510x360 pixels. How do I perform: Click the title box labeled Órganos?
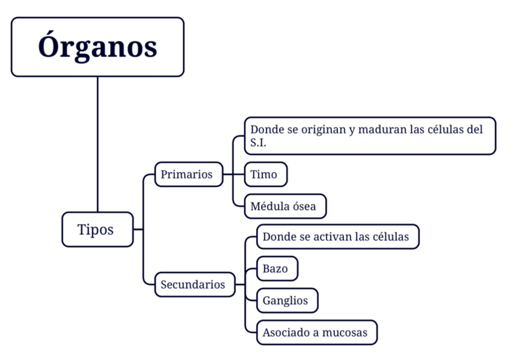[97, 47]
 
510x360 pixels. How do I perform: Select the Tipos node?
[97, 229]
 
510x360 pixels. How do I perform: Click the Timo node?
[265, 174]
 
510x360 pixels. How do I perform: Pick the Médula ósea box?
[285, 206]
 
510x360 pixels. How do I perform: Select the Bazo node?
[277, 269]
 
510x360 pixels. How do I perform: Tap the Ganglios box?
[287, 301]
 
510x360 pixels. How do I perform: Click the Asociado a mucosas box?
[316, 332]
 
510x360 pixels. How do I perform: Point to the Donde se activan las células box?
[337, 237]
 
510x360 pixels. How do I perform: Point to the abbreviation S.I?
[259, 143]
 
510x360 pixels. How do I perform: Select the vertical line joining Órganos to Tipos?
[97, 144]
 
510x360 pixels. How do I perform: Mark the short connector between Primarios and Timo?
[233, 175]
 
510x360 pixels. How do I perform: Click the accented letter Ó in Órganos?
[50, 46]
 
